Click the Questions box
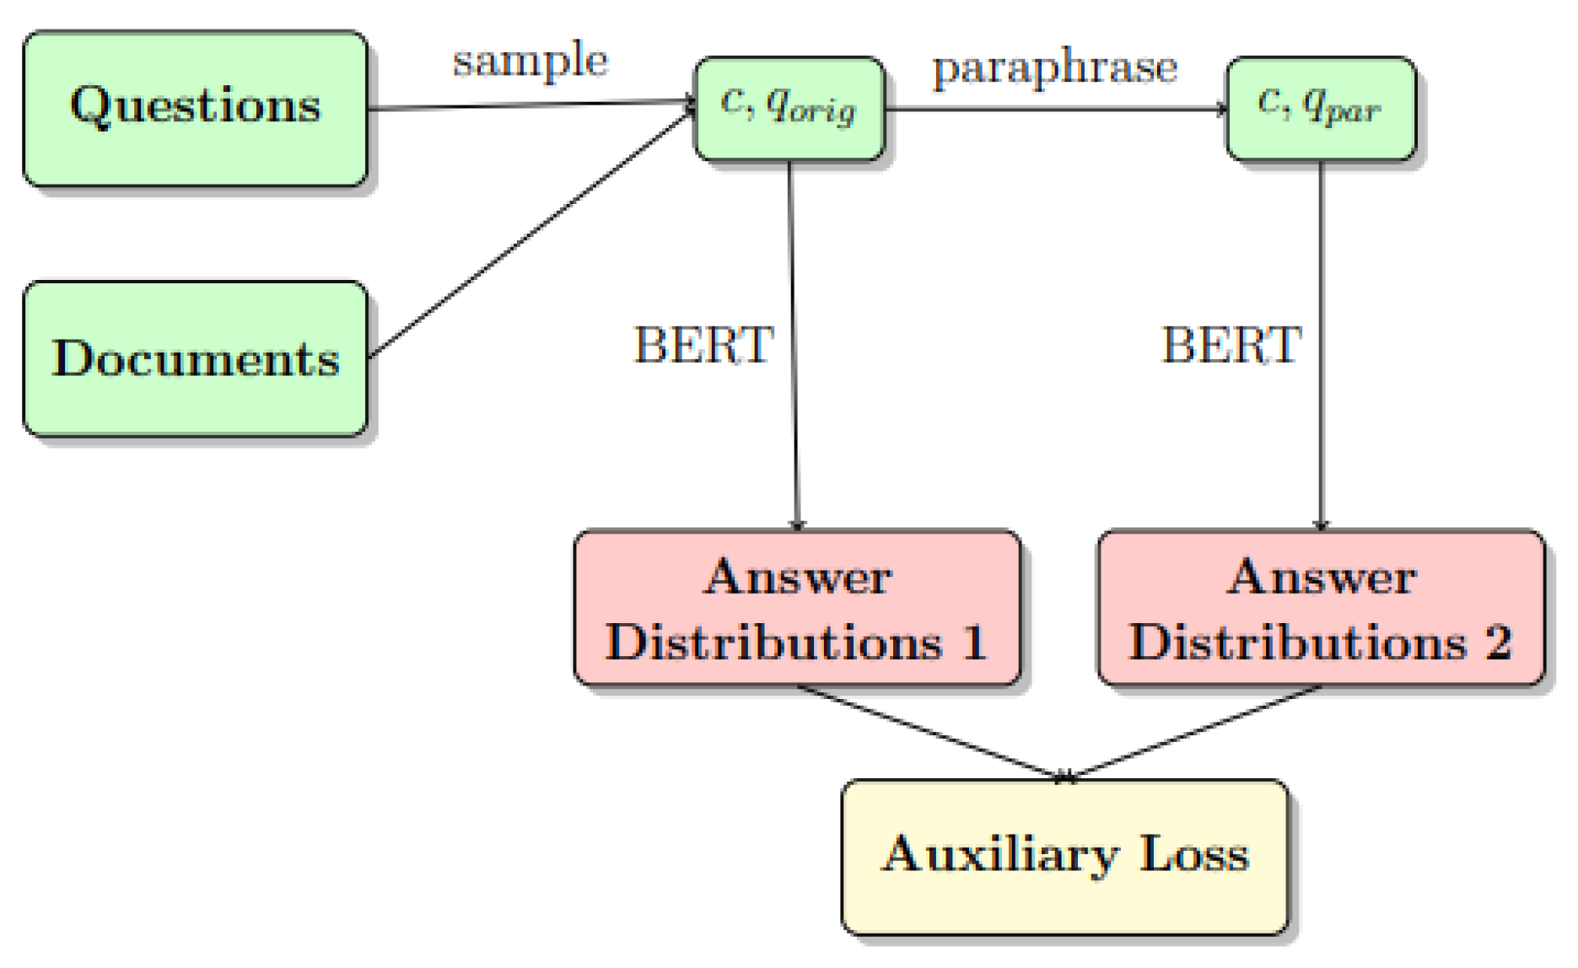(x=195, y=108)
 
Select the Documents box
(x=195, y=358)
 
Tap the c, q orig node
(x=789, y=108)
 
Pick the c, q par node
(x=1321, y=108)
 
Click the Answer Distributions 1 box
(x=797, y=608)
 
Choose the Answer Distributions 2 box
(x=1321, y=608)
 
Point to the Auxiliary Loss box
(x=1065, y=857)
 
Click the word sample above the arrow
(x=530, y=61)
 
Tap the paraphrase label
(x=1054, y=67)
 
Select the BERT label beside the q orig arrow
(x=704, y=345)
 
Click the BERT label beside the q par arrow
(x=1232, y=345)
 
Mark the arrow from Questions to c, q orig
(x=531, y=105)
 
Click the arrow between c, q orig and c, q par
(x=1054, y=109)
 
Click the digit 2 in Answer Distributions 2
(x=1498, y=643)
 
